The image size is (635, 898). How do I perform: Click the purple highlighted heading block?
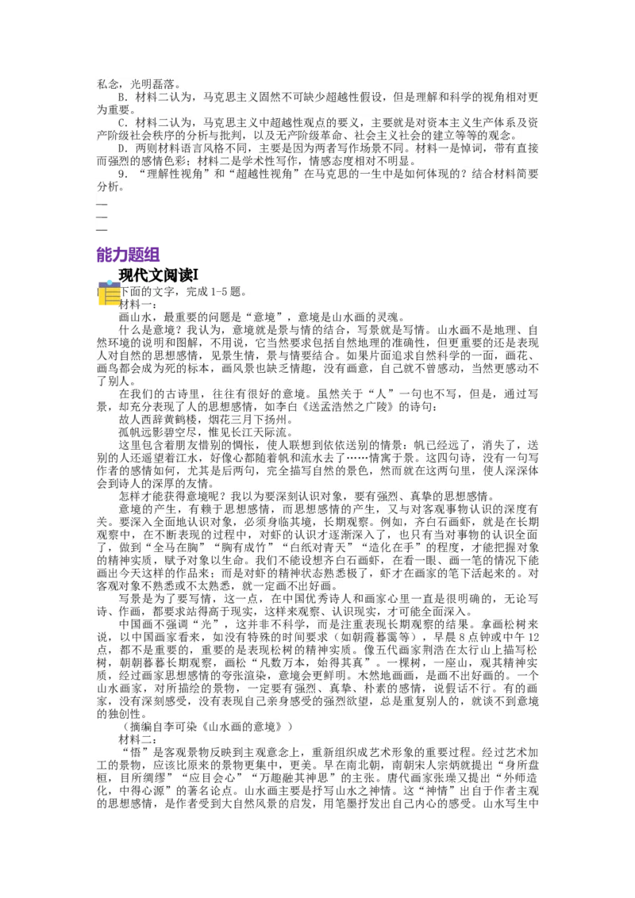point(128,255)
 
